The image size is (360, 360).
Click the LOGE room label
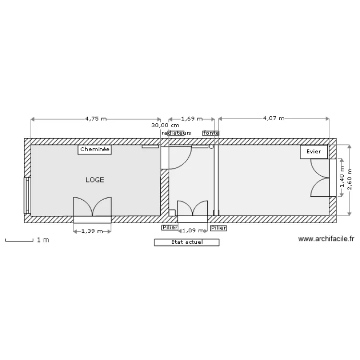pyautogui.click(x=95, y=180)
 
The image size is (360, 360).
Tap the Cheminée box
pyautogui.click(x=95, y=150)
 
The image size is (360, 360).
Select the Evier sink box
pyautogui.click(x=313, y=152)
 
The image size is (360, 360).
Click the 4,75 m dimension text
pyautogui.click(x=96, y=119)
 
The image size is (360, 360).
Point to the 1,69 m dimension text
pyautogui.click(x=192, y=119)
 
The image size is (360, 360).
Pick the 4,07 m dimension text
pyautogui.click(x=274, y=118)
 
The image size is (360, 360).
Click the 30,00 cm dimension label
pyautogui.click(x=165, y=125)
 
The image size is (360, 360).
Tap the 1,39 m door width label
pyautogui.click(x=92, y=231)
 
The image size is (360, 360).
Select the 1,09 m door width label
pyautogui.click(x=193, y=230)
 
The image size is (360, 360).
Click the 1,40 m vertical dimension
pyautogui.click(x=342, y=177)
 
